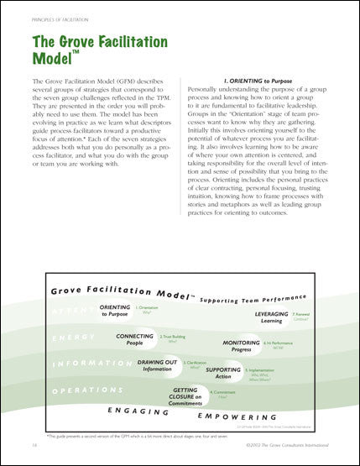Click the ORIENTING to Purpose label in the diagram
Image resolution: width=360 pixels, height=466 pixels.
[x=115, y=311]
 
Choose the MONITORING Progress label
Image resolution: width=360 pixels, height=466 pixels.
[x=242, y=347]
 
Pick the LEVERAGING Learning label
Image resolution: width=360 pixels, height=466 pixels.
[x=267, y=316]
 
